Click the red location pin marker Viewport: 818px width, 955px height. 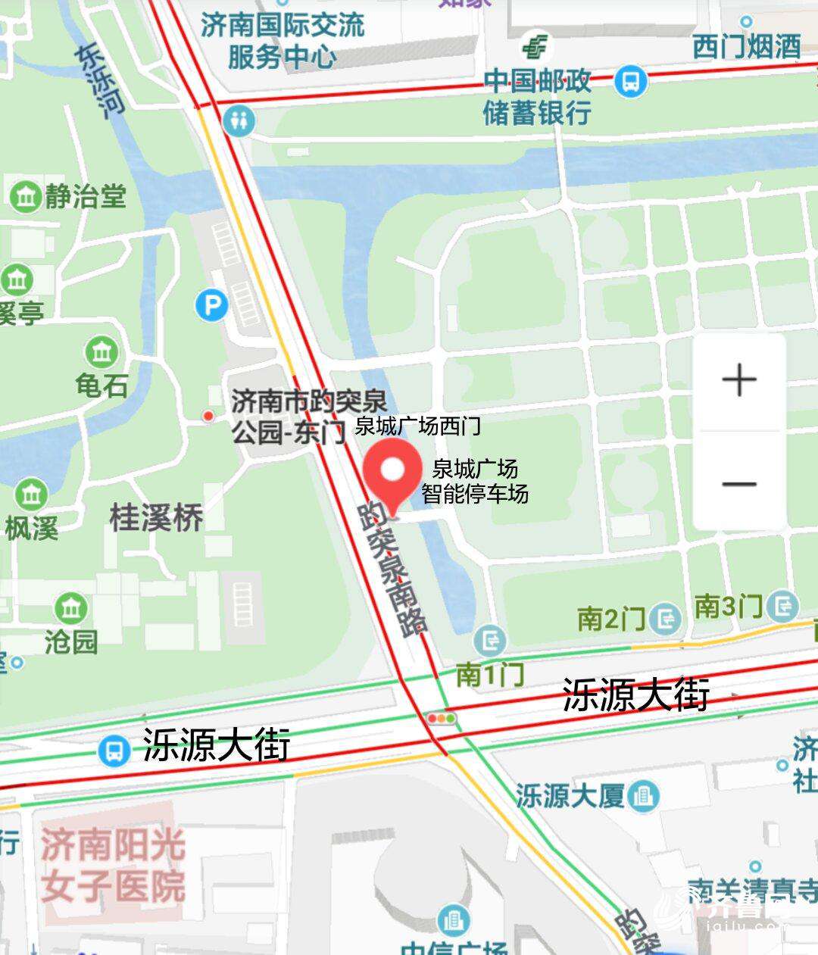pyautogui.click(x=392, y=473)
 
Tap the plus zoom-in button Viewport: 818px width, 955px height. pyautogui.click(x=740, y=380)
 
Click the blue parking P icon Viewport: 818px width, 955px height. pyautogui.click(x=211, y=306)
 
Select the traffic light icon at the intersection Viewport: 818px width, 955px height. pyautogui.click(x=441, y=717)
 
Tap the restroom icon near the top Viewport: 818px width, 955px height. pyautogui.click(x=239, y=120)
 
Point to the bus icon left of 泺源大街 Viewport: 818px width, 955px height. pyautogui.click(x=114, y=751)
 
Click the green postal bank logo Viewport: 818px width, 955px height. pyautogui.click(x=535, y=48)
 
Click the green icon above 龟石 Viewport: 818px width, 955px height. pyautogui.click(x=101, y=352)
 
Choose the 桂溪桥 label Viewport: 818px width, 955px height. pyautogui.click(x=157, y=519)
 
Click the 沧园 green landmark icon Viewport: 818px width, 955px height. pyautogui.click(x=71, y=608)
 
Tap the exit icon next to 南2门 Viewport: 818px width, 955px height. pyautogui.click(x=667, y=620)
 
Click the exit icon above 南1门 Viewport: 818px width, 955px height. pyautogui.click(x=489, y=641)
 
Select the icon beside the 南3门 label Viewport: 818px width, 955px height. pyautogui.click(x=782, y=606)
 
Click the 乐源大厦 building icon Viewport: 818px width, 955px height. pyautogui.click(x=644, y=796)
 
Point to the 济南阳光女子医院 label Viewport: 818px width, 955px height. pyautogui.click(x=114, y=866)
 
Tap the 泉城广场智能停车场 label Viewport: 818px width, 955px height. pyautogui.click(x=475, y=482)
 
